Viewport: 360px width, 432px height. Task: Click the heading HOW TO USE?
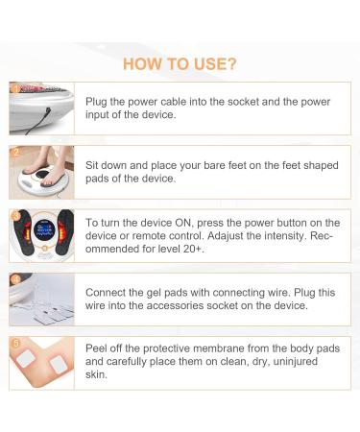point(180,64)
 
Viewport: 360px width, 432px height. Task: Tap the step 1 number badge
point(15,88)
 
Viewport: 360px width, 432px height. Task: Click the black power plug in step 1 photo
point(48,112)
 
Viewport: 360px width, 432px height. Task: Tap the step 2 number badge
point(15,152)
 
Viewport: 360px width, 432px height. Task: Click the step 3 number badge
point(15,216)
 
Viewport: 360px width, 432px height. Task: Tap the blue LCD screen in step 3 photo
point(44,229)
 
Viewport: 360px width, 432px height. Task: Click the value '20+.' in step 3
point(194,249)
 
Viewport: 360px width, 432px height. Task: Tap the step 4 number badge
point(15,280)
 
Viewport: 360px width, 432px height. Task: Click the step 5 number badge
point(15,344)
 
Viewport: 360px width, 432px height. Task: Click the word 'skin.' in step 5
point(96,374)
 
